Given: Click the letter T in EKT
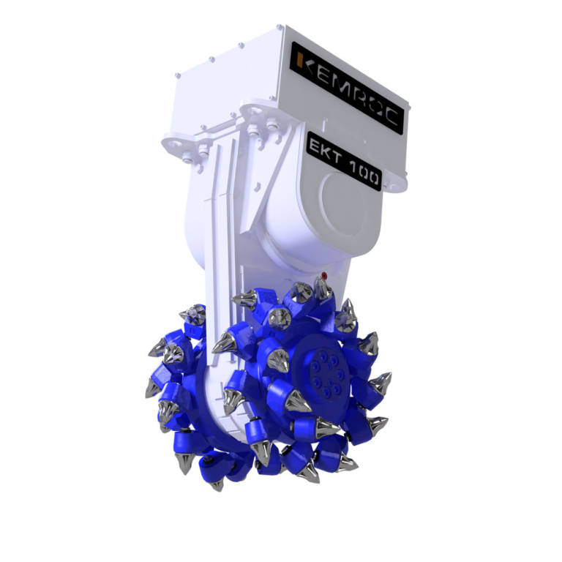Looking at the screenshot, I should [x=335, y=155].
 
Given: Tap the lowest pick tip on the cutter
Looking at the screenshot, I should [x=217, y=485].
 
